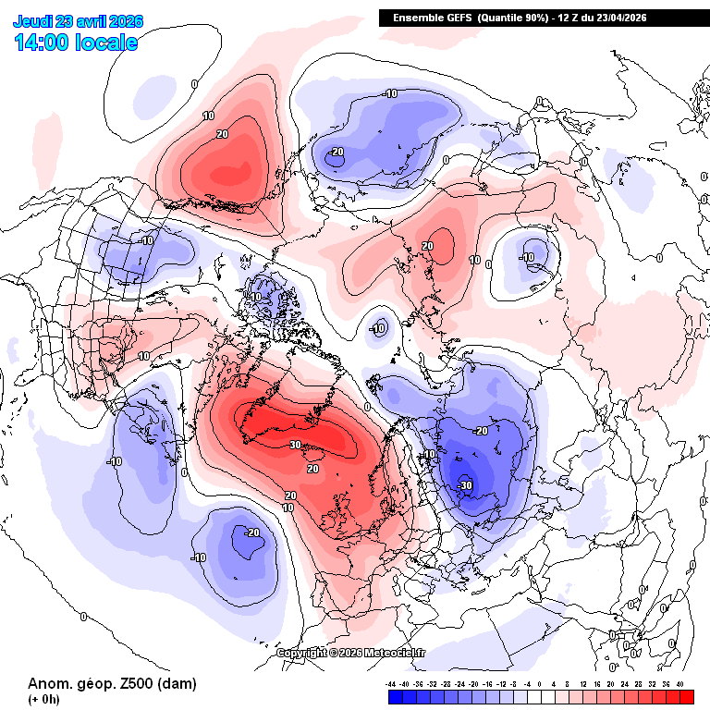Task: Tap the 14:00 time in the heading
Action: (45, 43)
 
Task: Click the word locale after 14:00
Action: (109, 43)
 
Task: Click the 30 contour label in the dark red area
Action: (296, 445)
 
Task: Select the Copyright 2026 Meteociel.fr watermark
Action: (352, 653)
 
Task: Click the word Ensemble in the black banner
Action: (417, 18)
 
